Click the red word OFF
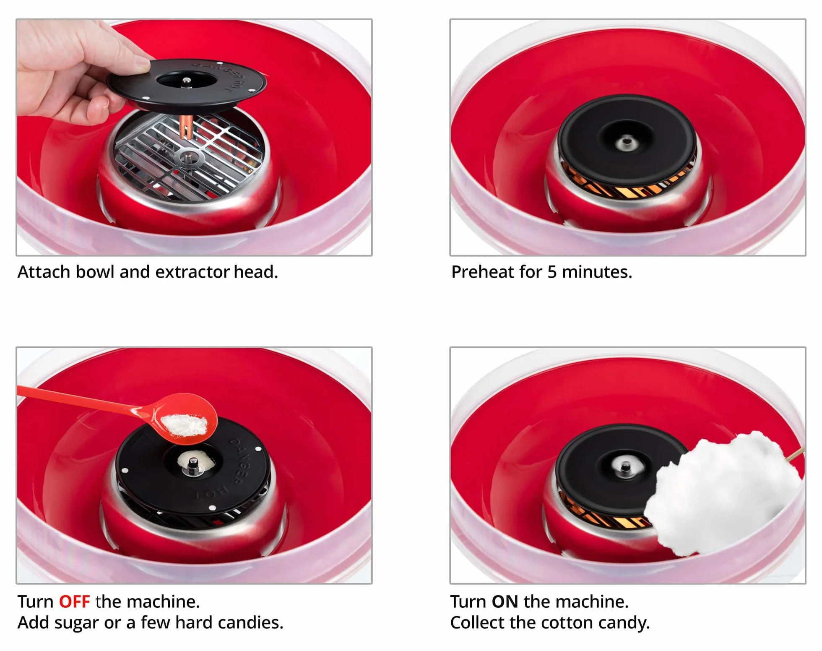point(74,602)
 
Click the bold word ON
point(505,602)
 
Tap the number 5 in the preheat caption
point(552,272)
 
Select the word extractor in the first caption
point(192,272)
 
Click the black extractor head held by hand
point(187,83)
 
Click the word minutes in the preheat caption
point(597,272)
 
